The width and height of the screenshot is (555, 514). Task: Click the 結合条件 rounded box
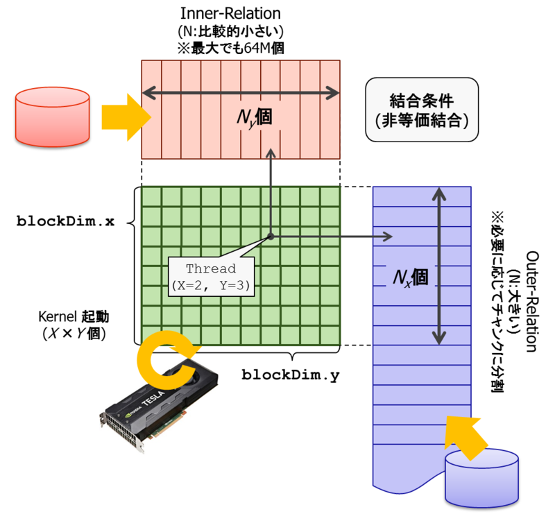click(x=422, y=109)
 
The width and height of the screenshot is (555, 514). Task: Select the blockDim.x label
click(x=66, y=222)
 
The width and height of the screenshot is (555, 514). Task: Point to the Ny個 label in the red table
click(x=252, y=117)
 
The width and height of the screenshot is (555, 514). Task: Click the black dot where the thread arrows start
click(x=271, y=237)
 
